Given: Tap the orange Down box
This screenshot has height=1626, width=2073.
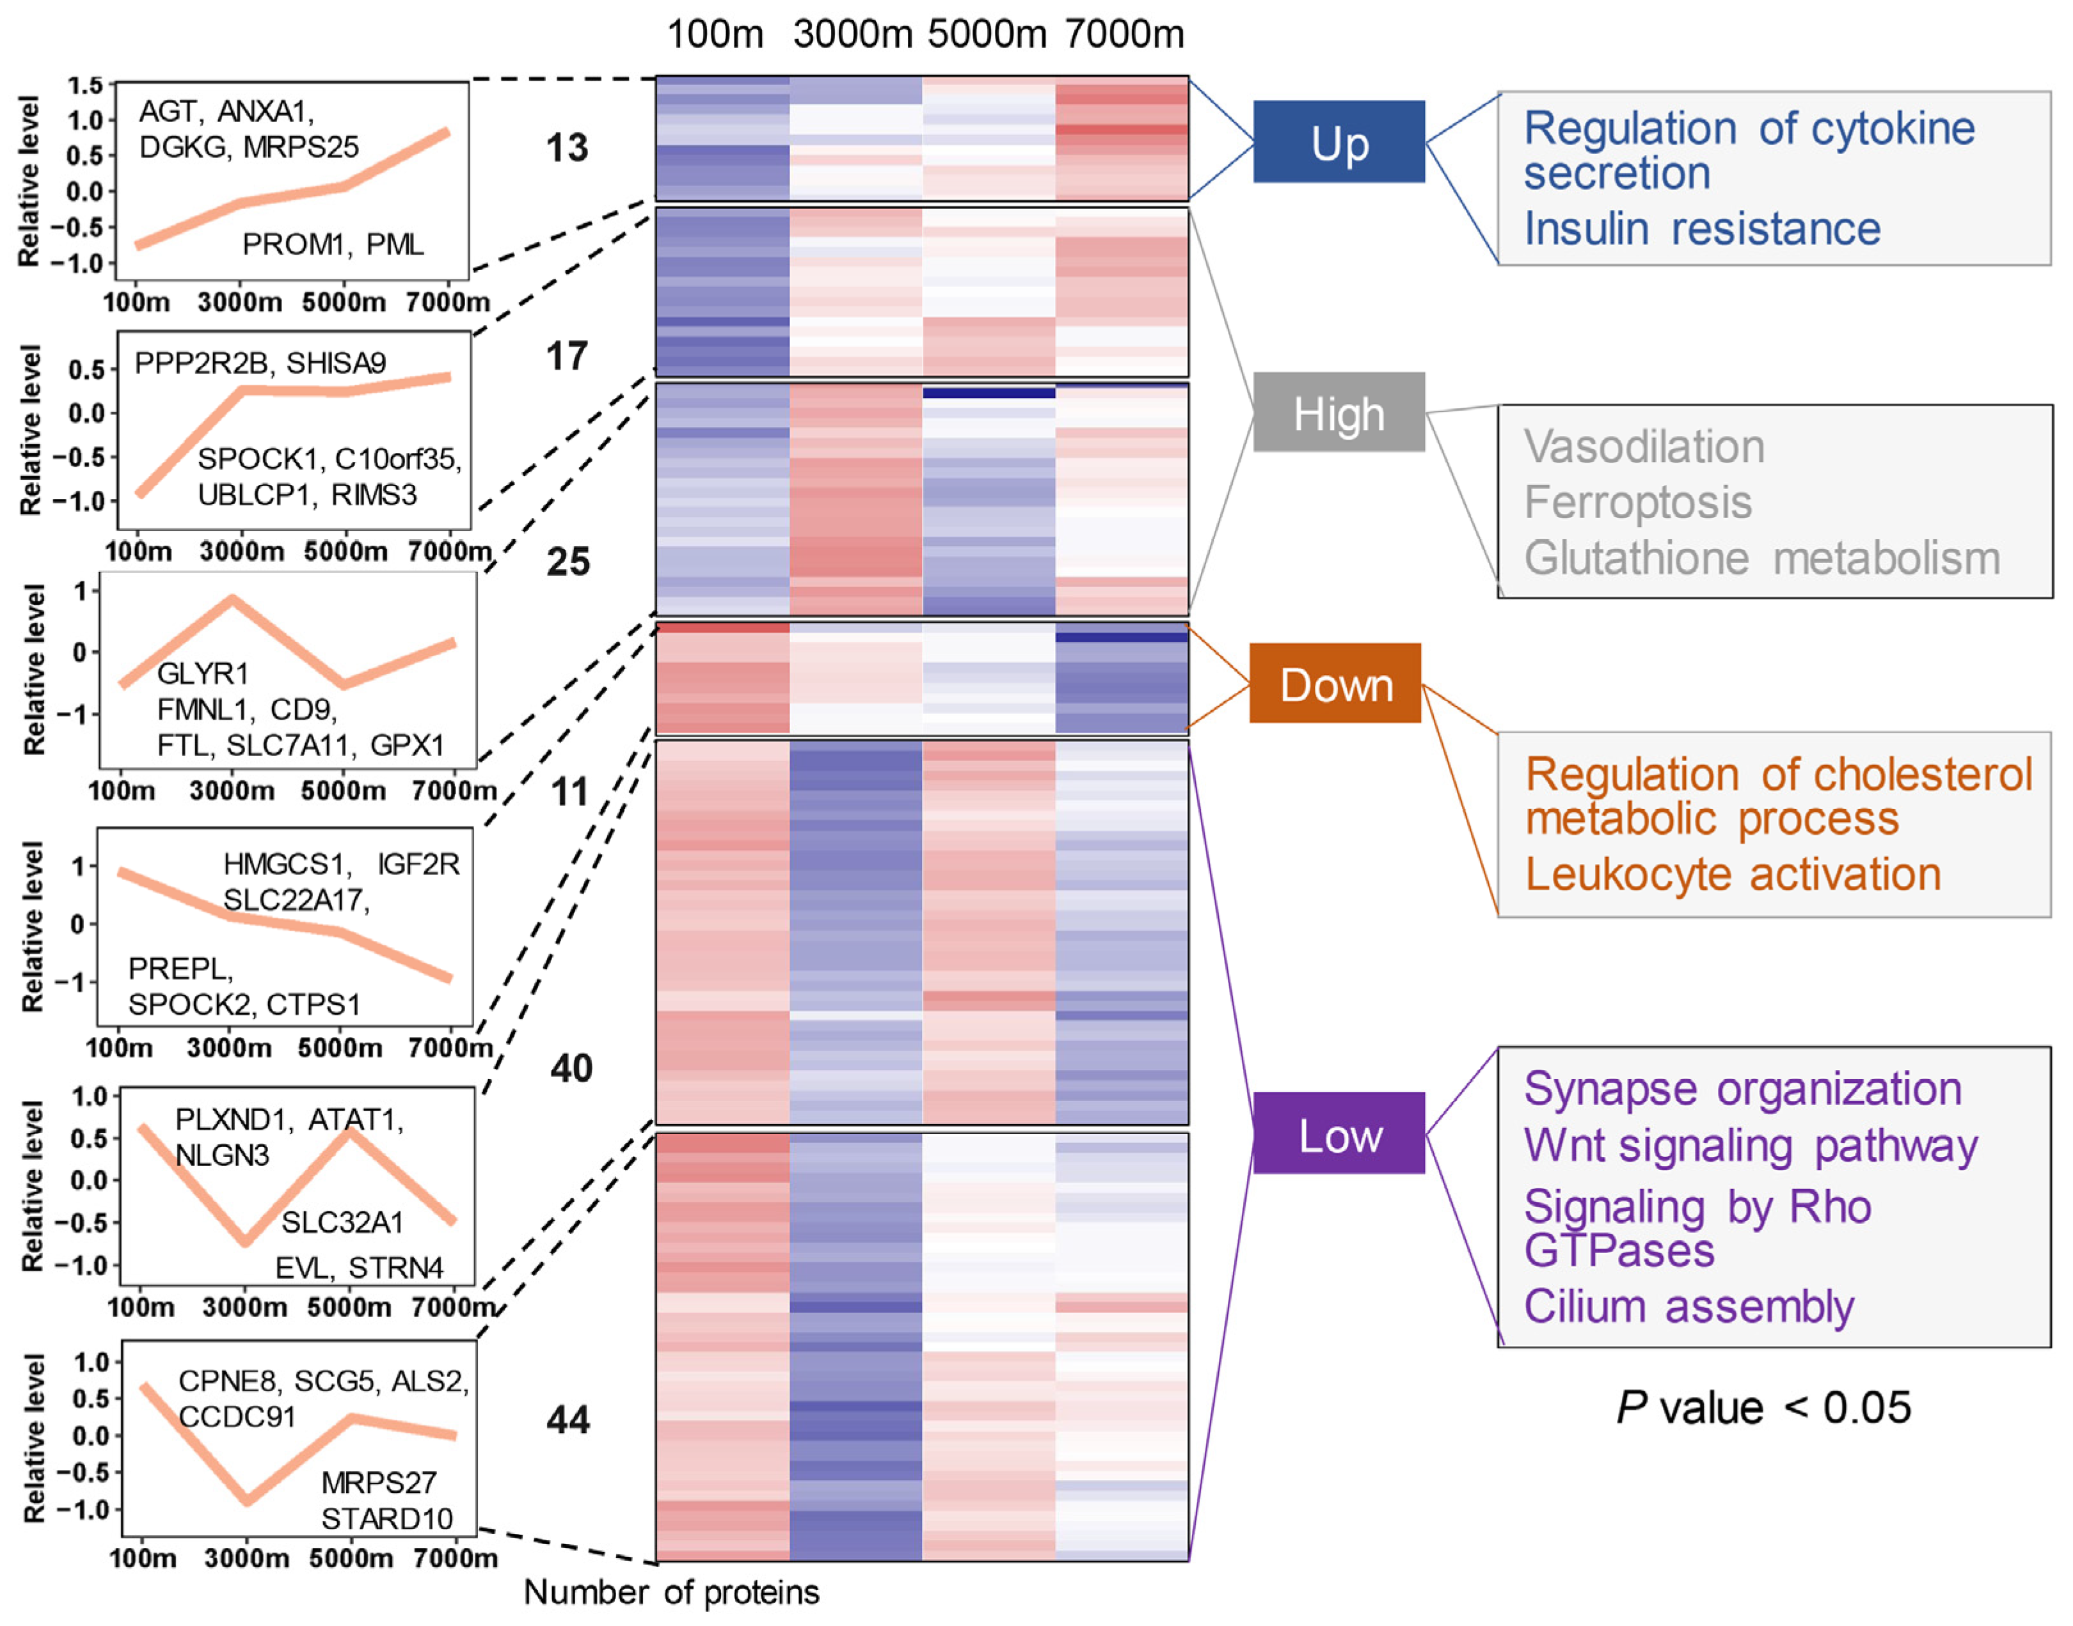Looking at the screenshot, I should point(1335,684).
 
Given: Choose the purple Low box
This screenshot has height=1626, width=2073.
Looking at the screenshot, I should point(1339,1134).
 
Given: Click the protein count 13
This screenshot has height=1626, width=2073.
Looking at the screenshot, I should point(567,148).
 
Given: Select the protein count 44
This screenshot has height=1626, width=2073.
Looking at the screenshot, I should point(569,1419).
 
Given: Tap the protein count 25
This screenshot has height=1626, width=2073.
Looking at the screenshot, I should point(569,562).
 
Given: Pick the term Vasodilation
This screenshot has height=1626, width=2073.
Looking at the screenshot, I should point(1644,447).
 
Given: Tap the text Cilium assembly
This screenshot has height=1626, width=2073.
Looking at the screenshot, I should point(1688,1306).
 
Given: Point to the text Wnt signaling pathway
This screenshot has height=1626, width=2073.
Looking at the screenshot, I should point(1750,1146).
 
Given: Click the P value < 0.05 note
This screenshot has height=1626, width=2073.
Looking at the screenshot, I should point(1763,1407).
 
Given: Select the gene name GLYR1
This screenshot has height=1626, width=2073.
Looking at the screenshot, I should point(203,674).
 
